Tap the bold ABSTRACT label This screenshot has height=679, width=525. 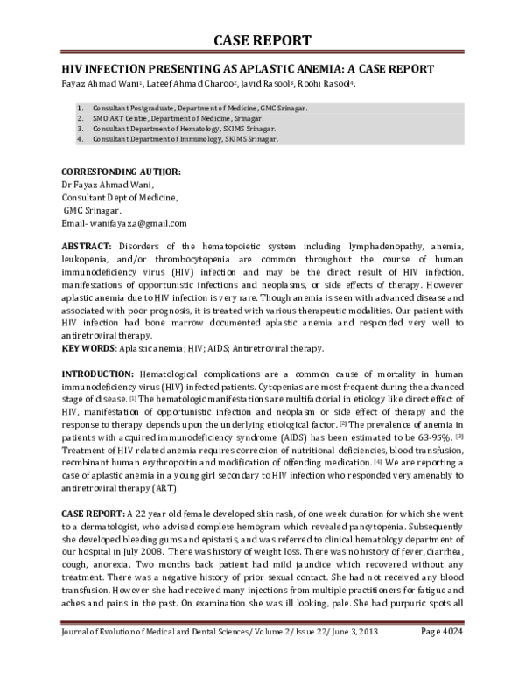click(x=86, y=248)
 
